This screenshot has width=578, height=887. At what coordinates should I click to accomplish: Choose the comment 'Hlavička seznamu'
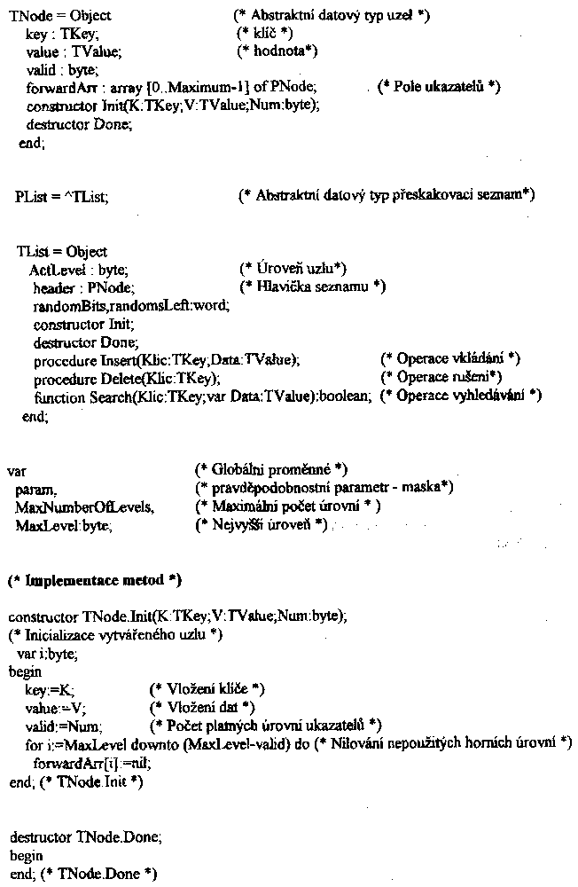(x=312, y=287)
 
